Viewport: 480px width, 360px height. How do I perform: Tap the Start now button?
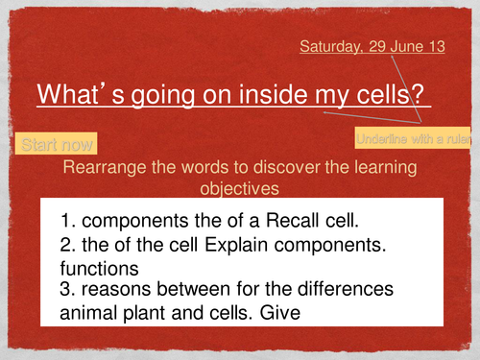click(x=57, y=145)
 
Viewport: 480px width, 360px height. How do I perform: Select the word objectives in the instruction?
click(x=240, y=188)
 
